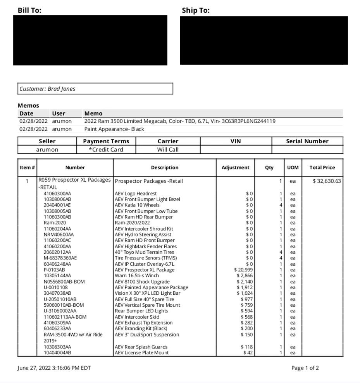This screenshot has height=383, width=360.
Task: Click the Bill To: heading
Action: (29, 10)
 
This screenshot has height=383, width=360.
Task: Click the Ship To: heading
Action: (196, 10)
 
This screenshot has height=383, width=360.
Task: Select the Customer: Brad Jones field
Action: (95, 89)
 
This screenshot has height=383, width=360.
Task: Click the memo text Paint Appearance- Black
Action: (114, 129)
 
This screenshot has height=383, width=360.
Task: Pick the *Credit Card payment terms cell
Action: (106, 149)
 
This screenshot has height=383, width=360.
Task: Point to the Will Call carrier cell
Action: (168, 149)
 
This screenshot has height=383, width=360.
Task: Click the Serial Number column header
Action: (307, 141)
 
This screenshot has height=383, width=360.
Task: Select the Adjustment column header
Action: (235, 168)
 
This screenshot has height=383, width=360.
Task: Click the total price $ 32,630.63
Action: (327, 181)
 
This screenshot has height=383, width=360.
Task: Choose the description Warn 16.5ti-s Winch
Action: (137, 275)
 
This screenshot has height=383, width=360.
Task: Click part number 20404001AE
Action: (57, 205)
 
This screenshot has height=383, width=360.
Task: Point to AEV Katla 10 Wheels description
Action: (137, 205)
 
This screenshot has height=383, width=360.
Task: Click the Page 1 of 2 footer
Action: (305, 368)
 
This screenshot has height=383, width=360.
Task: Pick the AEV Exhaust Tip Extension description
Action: (143, 323)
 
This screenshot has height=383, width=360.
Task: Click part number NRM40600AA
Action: (59, 234)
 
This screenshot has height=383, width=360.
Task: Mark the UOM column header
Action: (293, 168)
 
